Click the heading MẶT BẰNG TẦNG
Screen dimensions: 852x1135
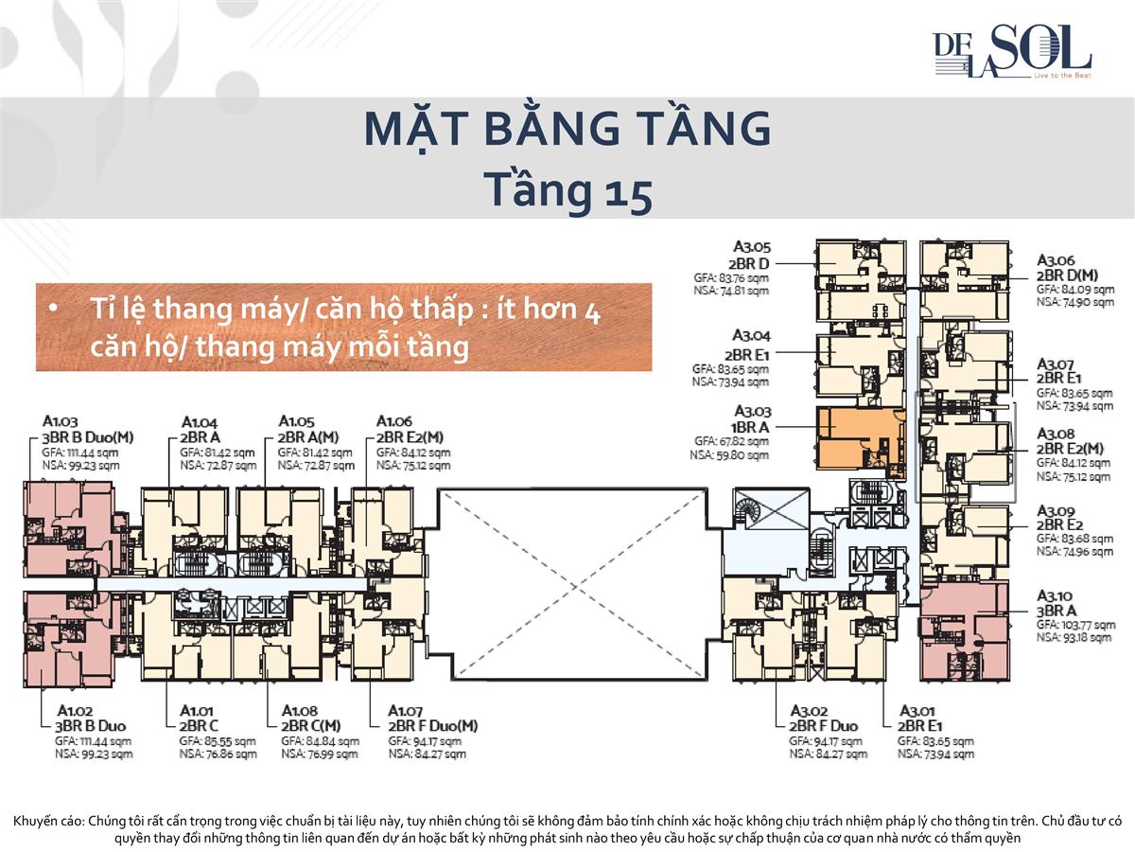(567, 130)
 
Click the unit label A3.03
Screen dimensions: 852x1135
(752, 411)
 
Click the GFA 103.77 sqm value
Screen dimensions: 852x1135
(1075, 625)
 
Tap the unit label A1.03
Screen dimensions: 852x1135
(61, 421)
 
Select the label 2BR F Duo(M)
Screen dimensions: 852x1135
(433, 726)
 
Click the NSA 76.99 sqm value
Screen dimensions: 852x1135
(320, 754)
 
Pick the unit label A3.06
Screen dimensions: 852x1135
(1056, 259)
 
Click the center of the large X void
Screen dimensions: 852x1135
(572, 583)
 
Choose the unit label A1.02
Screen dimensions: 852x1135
(75, 710)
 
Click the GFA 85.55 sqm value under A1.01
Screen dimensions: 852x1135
(217, 741)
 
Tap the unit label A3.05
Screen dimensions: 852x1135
(751, 248)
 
